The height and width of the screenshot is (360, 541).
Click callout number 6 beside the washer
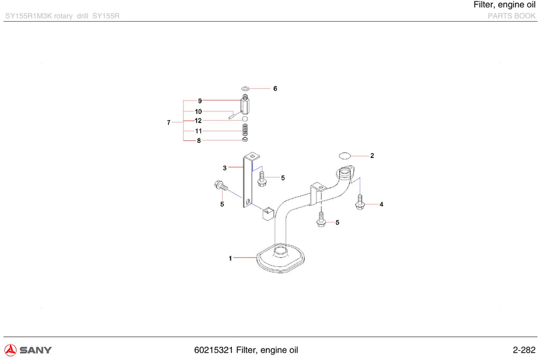tap(275, 89)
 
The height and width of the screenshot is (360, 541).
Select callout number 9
tap(200, 101)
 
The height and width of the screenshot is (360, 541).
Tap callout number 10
tap(199, 111)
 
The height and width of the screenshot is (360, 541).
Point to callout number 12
tap(198, 121)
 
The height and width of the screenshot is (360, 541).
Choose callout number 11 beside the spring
tap(199, 131)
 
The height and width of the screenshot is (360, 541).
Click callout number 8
tap(199, 141)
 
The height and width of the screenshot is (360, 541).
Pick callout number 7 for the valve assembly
tap(169, 122)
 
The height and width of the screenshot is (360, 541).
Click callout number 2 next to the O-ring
tap(372, 156)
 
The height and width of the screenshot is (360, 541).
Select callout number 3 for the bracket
tap(225, 168)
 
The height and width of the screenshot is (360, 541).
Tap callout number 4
tap(381, 204)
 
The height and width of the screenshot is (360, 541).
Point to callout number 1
tap(230, 258)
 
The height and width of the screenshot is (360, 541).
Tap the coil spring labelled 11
tap(245, 129)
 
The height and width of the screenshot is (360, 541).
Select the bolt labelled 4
tap(360, 202)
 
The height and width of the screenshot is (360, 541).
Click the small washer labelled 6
tap(245, 89)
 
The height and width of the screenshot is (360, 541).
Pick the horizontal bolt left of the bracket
tap(221, 186)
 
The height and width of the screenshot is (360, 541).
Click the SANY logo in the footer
tap(28, 350)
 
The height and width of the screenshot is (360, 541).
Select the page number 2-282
tap(524, 350)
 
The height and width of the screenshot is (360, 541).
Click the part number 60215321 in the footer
tap(213, 350)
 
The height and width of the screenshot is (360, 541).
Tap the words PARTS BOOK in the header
tap(511, 16)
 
